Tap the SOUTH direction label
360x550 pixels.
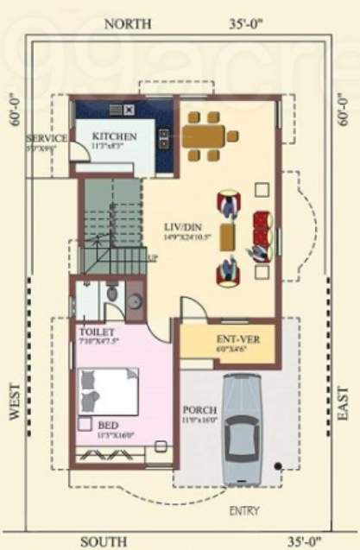105,541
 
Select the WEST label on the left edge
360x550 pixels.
15,401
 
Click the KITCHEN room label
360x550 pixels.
115,137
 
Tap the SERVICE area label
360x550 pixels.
47,138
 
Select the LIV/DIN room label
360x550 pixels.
183,228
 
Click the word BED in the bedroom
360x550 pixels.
108,425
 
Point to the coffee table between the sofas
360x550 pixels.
228,235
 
